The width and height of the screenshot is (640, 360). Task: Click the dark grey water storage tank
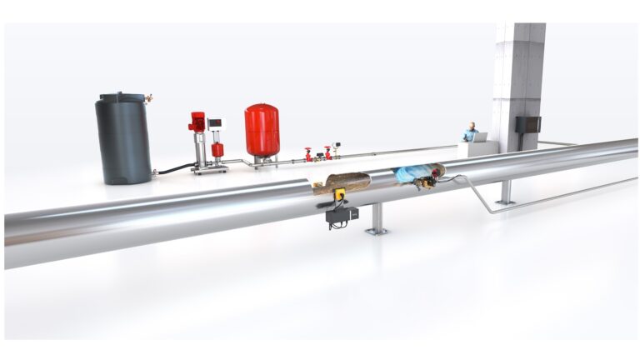coord(123,139)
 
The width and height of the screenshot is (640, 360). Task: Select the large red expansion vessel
coord(262,130)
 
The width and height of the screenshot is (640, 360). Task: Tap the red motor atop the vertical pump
coord(198,122)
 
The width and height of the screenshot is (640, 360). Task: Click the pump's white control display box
coord(216,124)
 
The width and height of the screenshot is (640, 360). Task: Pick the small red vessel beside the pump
coord(217,150)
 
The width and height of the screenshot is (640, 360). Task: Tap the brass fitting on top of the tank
coord(149,99)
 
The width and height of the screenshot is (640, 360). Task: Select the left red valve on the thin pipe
coord(308,154)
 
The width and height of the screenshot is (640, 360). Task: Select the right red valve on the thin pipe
coord(328,152)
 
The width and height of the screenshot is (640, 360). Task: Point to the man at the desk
coord(470,132)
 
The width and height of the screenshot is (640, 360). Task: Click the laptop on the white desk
coord(482,137)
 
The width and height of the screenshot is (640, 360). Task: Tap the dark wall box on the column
coord(527,124)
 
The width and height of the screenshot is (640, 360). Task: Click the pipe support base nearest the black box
coord(377,229)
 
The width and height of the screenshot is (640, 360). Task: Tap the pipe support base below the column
coord(505,201)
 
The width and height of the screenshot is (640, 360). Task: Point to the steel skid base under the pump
coord(209,170)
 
